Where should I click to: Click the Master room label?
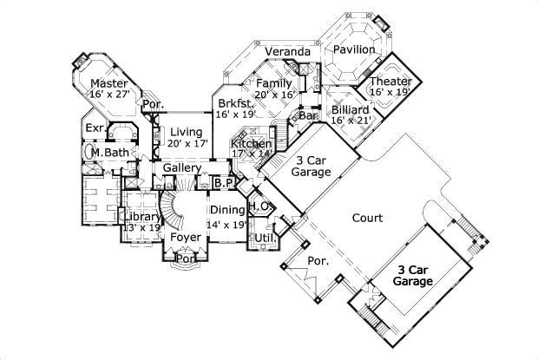110,83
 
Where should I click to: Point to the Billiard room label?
351,110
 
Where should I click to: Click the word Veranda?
287,52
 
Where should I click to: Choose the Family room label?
273,83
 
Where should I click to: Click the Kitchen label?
252,143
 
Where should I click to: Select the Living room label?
186,131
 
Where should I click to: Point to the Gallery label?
182,167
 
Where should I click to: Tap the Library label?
142,217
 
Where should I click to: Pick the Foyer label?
186,237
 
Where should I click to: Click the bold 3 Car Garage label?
414,276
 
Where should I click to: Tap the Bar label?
306,115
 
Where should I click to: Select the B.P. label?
223,183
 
